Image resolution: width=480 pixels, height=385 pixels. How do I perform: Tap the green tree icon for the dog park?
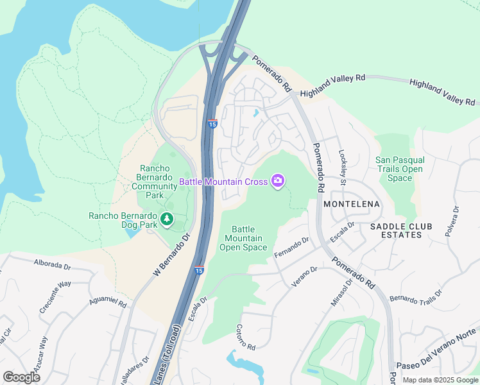(167, 220)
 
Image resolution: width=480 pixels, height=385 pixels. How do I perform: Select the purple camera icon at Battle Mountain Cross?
(278, 182)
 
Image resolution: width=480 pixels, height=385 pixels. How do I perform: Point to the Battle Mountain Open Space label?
(243, 238)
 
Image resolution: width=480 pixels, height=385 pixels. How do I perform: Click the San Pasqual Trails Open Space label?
(399, 169)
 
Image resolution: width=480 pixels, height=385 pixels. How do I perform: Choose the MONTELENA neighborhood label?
(352, 204)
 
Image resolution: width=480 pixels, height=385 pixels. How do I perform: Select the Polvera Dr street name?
(456, 222)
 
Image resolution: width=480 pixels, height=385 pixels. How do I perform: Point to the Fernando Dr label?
(292, 249)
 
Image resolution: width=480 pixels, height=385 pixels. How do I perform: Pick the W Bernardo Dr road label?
(173, 255)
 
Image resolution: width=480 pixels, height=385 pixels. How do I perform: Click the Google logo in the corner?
(22, 377)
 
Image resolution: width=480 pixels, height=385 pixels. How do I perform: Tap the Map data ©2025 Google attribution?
(440, 380)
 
